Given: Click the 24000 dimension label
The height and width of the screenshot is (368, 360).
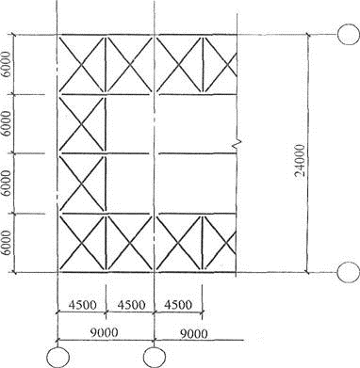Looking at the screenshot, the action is coord(301,160).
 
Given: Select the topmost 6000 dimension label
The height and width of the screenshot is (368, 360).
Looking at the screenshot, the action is coord(6,64).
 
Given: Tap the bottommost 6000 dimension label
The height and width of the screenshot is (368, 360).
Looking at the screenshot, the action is coord(6,243).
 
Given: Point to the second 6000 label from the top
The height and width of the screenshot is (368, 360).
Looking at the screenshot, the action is coord(6,123).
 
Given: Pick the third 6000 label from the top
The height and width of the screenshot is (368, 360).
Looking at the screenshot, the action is coord(6,184).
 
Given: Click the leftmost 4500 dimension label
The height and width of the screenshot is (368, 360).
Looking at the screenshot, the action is coord(83,305).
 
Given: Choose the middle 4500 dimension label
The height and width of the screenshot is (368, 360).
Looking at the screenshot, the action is coord(131,305).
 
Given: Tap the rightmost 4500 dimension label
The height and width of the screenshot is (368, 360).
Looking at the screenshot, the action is coord(178,305).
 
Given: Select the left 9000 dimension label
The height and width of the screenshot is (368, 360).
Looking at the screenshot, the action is coord(104,332).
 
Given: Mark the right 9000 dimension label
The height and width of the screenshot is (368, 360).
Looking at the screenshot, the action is coord(193,334).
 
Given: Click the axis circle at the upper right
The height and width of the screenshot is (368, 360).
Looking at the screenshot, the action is coord(349,34).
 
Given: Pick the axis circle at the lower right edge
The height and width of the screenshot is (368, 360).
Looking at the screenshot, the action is coord(349,272).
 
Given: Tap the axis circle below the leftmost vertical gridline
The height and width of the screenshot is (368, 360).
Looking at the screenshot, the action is coord(57,358).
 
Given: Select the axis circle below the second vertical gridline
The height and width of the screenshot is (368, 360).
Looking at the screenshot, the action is coord(155,358).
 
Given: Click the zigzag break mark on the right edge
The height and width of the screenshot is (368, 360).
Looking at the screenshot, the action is coord(237,143).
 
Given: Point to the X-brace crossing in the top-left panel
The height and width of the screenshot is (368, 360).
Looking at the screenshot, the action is coord(82,65).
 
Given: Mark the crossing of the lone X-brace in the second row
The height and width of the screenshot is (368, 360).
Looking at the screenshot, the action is coord(82,125).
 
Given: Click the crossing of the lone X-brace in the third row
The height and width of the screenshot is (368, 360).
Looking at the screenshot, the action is coord(82,184).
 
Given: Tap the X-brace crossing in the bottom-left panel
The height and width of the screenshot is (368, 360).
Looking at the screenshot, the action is coord(82,243).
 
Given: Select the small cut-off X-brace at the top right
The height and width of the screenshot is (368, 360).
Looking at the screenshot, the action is coord(228,65).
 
